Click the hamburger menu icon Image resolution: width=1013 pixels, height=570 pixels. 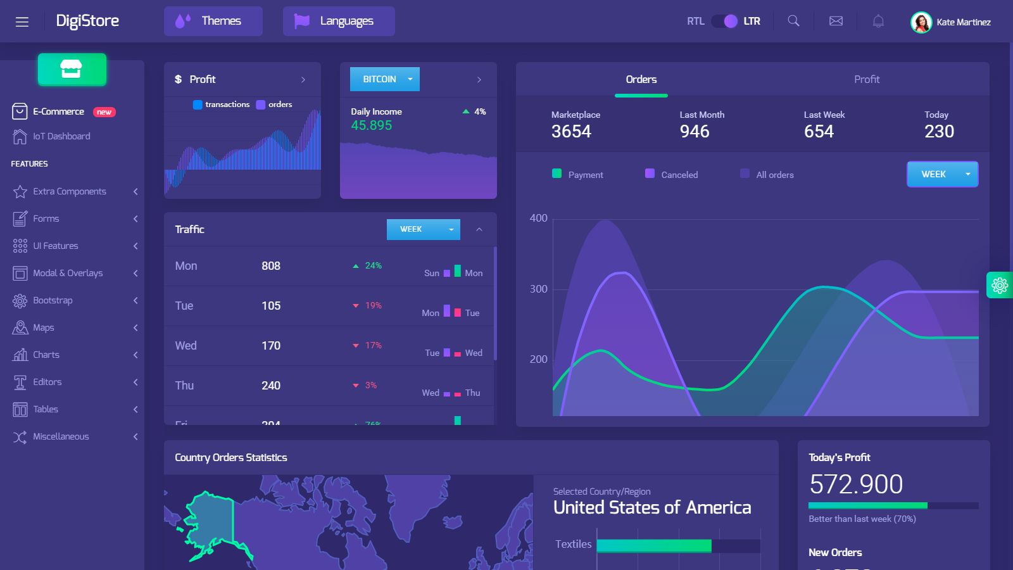point(22,22)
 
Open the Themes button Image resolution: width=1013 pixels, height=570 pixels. point(213,21)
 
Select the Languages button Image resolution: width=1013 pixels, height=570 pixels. point(339,21)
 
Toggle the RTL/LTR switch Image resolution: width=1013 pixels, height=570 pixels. point(724,21)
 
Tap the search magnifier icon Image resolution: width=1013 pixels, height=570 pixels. point(793,21)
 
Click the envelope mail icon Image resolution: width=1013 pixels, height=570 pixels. point(836,21)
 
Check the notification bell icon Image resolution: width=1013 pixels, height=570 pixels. point(878,21)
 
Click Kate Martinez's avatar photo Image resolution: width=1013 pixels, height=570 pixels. point(921,22)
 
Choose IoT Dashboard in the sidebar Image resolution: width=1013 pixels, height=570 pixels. point(61,136)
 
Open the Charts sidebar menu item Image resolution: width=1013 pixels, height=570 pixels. point(46,355)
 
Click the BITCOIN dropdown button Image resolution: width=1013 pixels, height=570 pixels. point(384,79)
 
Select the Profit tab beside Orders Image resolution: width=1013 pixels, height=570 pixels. point(866,79)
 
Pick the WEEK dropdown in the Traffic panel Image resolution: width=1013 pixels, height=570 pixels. point(423,229)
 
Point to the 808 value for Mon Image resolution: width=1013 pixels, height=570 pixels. point(271,266)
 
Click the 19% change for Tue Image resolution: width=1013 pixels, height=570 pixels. point(373,305)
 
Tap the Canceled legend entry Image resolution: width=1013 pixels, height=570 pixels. point(679,175)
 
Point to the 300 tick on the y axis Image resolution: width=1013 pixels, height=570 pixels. point(538,289)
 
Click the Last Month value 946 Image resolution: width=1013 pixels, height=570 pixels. point(695,131)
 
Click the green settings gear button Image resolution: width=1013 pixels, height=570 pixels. point(1000,285)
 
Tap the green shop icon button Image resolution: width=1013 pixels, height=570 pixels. point(72,69)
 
